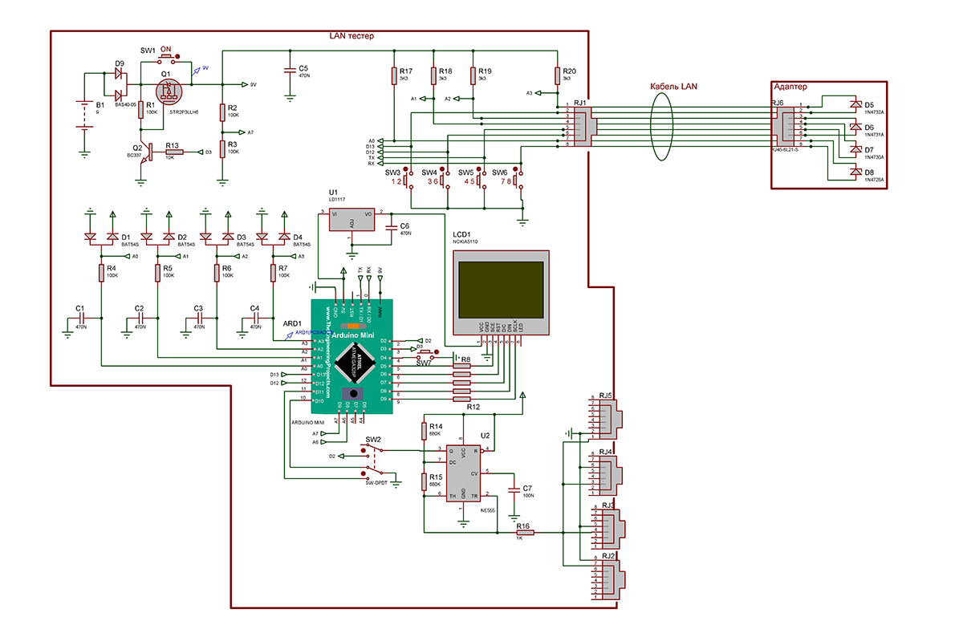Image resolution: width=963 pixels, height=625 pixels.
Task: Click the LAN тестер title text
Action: [x=351, y=36]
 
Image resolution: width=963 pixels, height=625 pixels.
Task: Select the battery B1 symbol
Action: [x=83, y=114]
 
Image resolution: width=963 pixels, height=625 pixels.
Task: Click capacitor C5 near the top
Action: [x=290, y=71]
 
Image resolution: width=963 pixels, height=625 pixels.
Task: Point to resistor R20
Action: [x=557, y=76]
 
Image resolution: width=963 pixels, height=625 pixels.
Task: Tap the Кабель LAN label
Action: [x=676, y=86]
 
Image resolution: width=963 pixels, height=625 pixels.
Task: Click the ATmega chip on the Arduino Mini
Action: [x=353, y=363]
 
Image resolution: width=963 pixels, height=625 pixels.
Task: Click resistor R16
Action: [x=525, y=532]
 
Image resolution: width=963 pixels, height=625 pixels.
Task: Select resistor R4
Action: [x=101, y=274]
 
